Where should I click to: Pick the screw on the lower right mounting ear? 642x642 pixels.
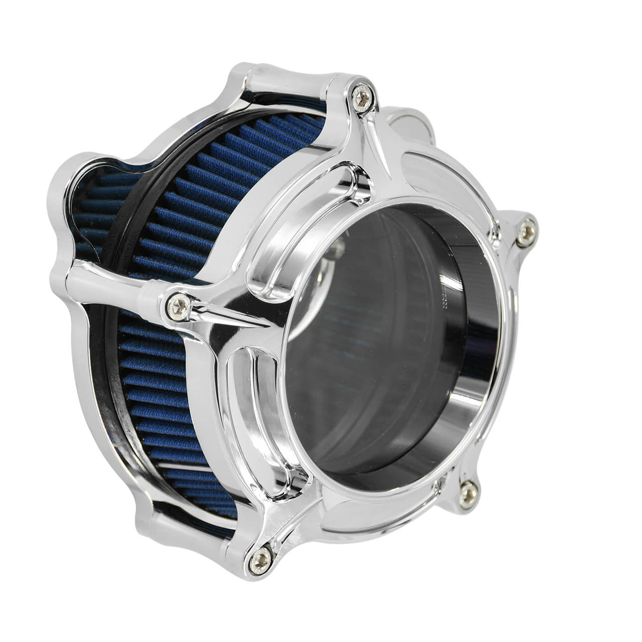(468, 494)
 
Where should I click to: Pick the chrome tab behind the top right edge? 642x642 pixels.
(411, 123)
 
